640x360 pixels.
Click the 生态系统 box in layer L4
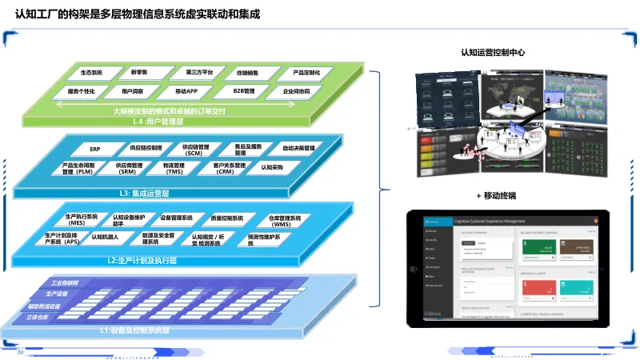(91, 73)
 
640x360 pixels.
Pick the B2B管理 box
(244, 91)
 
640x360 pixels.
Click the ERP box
(95, 149)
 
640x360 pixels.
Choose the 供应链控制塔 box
(146, 148)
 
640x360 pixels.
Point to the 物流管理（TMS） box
(174, 168)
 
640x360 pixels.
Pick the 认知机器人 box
(105, 238)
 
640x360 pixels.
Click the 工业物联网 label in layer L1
(65, 283)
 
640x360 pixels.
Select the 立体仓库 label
(38, 317)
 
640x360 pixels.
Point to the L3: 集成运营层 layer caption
(144, 194)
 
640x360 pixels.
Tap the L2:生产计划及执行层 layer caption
(142, 261)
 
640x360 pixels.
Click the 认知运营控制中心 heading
(493, 53)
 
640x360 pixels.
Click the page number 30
(21, 350)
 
